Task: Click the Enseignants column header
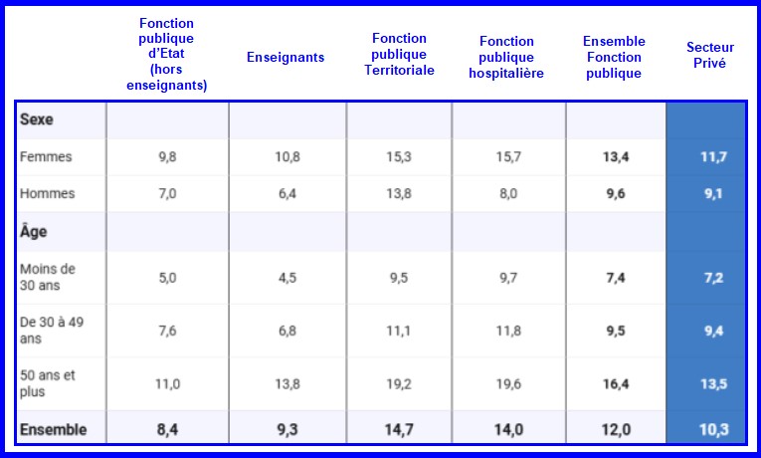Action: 285,57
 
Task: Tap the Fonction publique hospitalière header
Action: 506,57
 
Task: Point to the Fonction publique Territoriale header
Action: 399,54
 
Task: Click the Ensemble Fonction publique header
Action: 614,57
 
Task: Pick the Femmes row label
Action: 46,156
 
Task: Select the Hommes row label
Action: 47,193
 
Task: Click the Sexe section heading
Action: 36,119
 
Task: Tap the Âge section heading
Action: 34,231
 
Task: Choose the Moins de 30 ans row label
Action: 47,277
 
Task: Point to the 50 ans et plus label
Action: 47,383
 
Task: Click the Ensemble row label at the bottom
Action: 53,430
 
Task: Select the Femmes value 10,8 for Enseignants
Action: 285,156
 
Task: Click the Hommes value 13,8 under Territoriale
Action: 399,193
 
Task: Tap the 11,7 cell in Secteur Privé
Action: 713,156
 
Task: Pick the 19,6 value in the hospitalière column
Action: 507,383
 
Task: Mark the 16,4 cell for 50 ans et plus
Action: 614,383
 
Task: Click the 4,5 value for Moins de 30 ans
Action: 286,278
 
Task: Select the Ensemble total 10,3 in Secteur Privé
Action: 712,430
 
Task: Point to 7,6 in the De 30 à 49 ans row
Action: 167,331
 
